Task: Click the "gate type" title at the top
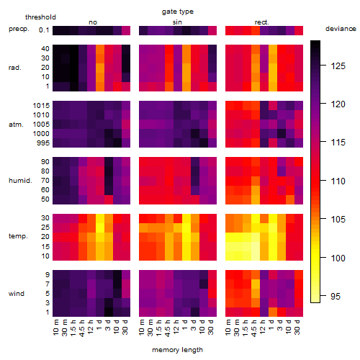[x=178, y=12]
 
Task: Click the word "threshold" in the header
[x=40, y=17]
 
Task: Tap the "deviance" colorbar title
[x=341, y=29]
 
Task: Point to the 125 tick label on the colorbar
[x=338, y=66]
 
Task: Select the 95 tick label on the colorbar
[x=336, y=297]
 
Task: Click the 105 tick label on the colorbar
[x=338, y=219]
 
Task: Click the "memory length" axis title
[x=178, y=350]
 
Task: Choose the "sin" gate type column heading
[x=177, y=22]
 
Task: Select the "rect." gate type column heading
[x=261, y=22]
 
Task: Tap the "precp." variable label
[x=19, y=29]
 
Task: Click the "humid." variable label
[x=20, y=180]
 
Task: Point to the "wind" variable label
[x=17, y=294]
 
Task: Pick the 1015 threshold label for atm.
[x=41, y=105]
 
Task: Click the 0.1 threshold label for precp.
[x=44, y=30]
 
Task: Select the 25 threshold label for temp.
[x=45, y=227]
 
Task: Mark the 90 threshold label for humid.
[x=45, y=161]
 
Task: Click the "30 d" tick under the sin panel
[x=211, y=327]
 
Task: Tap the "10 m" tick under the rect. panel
[x=228, y=328]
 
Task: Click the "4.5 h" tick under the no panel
[x=81, y=328]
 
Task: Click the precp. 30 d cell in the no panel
[x=126, y=30]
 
